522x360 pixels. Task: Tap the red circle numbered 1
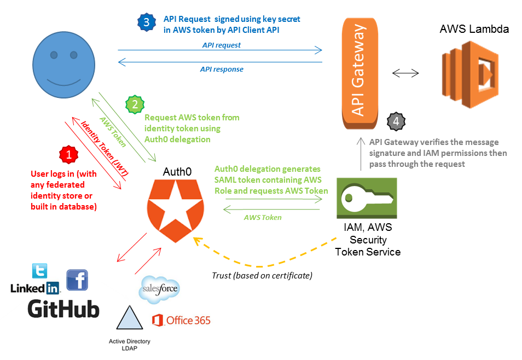(x=68, y=155)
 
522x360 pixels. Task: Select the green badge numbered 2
(x=135, y=103)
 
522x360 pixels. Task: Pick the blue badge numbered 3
(x=146, y=22)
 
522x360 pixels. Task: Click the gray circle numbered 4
(x=395, y=122)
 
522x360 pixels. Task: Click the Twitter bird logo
(x=39, y=271)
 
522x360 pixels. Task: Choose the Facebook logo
(x=77, y=280)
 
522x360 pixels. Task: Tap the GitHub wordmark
(x=63, y=309)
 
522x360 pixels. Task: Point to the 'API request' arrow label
(x=221, y=45)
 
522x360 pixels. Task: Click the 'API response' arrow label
(x=222, y=69)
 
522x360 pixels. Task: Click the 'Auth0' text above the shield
(x=177, y=172)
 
